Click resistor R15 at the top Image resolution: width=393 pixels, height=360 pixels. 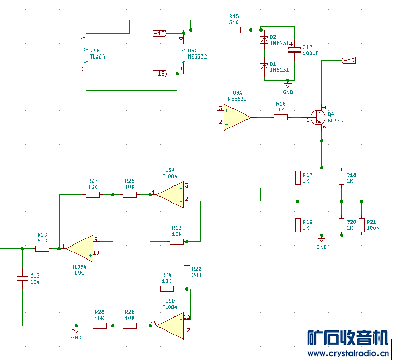(234, 30)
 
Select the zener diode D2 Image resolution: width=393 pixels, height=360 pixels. (265, 39)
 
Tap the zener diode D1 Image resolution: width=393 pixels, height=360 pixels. (265, 66)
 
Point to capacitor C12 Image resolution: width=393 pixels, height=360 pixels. (294, 50)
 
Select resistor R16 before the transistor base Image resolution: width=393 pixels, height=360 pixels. (281, 118)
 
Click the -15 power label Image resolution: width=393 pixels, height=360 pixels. (159, 74)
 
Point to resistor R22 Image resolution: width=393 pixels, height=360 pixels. (187, 272)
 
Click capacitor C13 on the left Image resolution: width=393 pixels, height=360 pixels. (22, 278)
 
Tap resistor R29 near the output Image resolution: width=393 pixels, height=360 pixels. (42, 249)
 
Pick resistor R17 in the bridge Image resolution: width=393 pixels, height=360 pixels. (298, 178)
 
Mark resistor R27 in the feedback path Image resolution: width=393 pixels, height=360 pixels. (93, 195)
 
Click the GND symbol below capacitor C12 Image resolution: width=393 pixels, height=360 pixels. (288, 85)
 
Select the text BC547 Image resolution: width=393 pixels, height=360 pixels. (336, 120)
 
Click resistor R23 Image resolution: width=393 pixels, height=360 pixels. (177, 241)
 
